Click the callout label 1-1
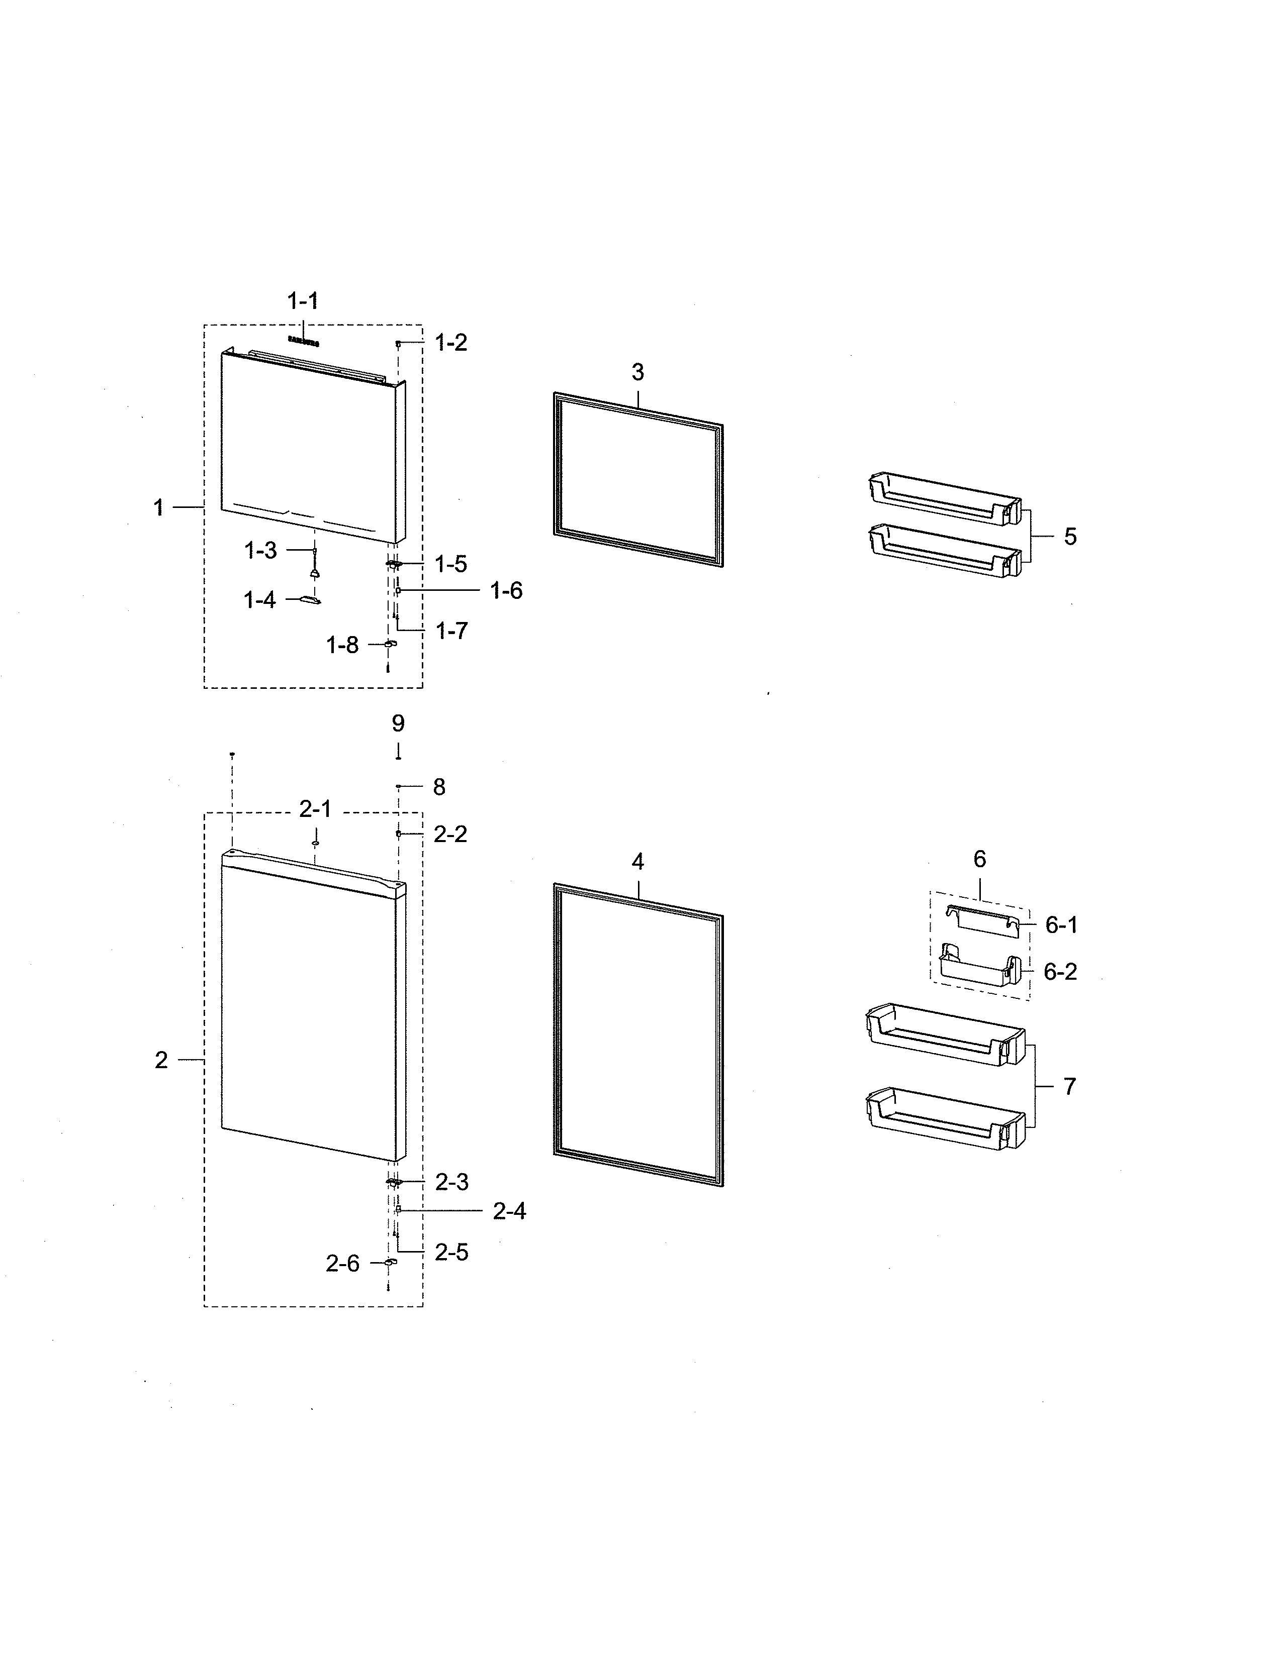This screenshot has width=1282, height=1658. [x=302, y=301]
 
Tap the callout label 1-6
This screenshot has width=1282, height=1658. [x=506, y=591]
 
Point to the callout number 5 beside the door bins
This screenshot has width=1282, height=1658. [x=1069, y=537]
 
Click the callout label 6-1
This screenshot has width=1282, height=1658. [x=1061, y=924]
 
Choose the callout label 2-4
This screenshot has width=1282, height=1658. [x=509, y=1211]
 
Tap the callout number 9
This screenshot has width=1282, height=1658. [x=398, y=723]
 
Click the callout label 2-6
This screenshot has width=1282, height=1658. [x=342, y=1263]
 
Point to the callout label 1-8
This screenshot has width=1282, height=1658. [x=342, y=645]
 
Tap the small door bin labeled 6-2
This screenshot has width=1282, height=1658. [x=977, y=966]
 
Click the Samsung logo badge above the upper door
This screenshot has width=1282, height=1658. [x=303, y=342]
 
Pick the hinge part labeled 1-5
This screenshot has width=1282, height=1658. [x=394, y=564]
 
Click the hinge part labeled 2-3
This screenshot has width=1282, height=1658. [x=394, y=1182]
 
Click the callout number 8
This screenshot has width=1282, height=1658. [x=439, y=787]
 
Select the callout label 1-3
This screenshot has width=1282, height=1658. [x=260, y=550]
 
